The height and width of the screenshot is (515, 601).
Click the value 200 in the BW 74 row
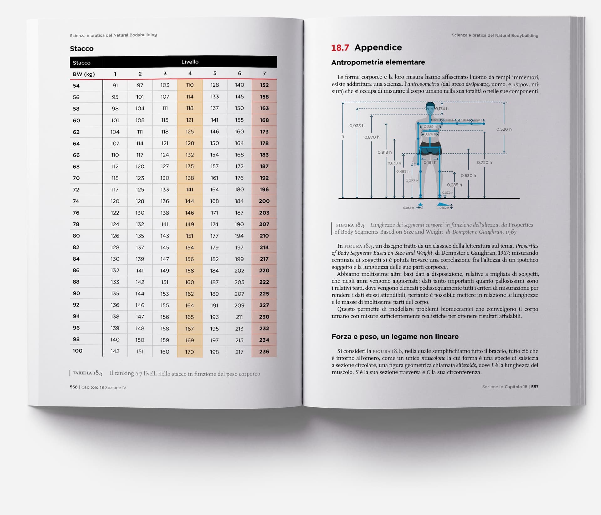pos(264,201)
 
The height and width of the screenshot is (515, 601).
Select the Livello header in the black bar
pos(190,62)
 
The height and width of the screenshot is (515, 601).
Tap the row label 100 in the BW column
pos(77,351)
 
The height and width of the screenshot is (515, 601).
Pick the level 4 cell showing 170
pos(189,352)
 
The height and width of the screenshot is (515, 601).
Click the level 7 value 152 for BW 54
pos(264,85)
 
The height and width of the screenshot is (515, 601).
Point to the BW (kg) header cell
pos(84,74)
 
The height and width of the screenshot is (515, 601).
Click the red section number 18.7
pos(340,48)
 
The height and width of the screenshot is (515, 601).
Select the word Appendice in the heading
pos(378,48)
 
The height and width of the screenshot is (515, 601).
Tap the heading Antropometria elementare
pos(378,62)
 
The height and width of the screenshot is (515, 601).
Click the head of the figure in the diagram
pos(430,109)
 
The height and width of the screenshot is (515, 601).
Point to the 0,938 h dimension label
pos(357,126)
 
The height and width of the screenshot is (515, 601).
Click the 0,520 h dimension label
pos(504,129)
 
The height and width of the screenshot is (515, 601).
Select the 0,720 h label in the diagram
pos(484,163)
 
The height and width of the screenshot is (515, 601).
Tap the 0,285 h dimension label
pos(454,185)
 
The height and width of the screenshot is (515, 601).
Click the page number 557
pos(535,387)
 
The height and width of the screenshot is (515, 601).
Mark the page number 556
pos(74,387)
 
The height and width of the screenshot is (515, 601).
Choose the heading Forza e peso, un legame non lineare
pos(395,337)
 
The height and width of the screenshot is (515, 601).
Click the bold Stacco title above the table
pos(82,48)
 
